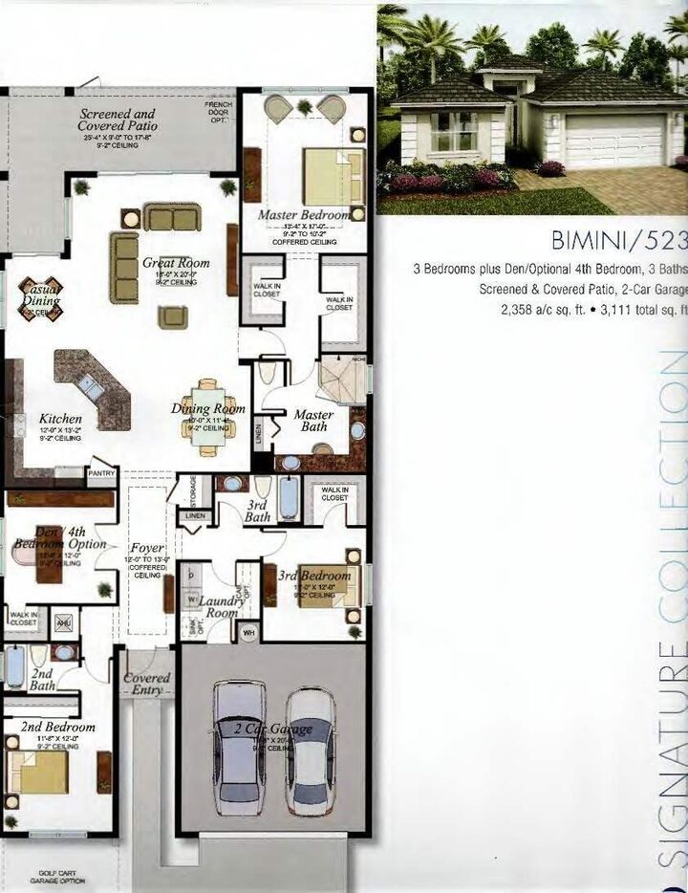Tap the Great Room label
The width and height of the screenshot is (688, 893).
point(176,263)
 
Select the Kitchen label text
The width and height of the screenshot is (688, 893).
point(60,419)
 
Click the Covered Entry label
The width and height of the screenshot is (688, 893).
point(147,683)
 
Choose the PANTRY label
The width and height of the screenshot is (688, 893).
point(101,472)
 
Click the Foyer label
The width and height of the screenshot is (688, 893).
point(147,549)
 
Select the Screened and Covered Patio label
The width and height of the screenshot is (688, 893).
point(118,120)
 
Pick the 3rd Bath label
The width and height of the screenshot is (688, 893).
point(258,511)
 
